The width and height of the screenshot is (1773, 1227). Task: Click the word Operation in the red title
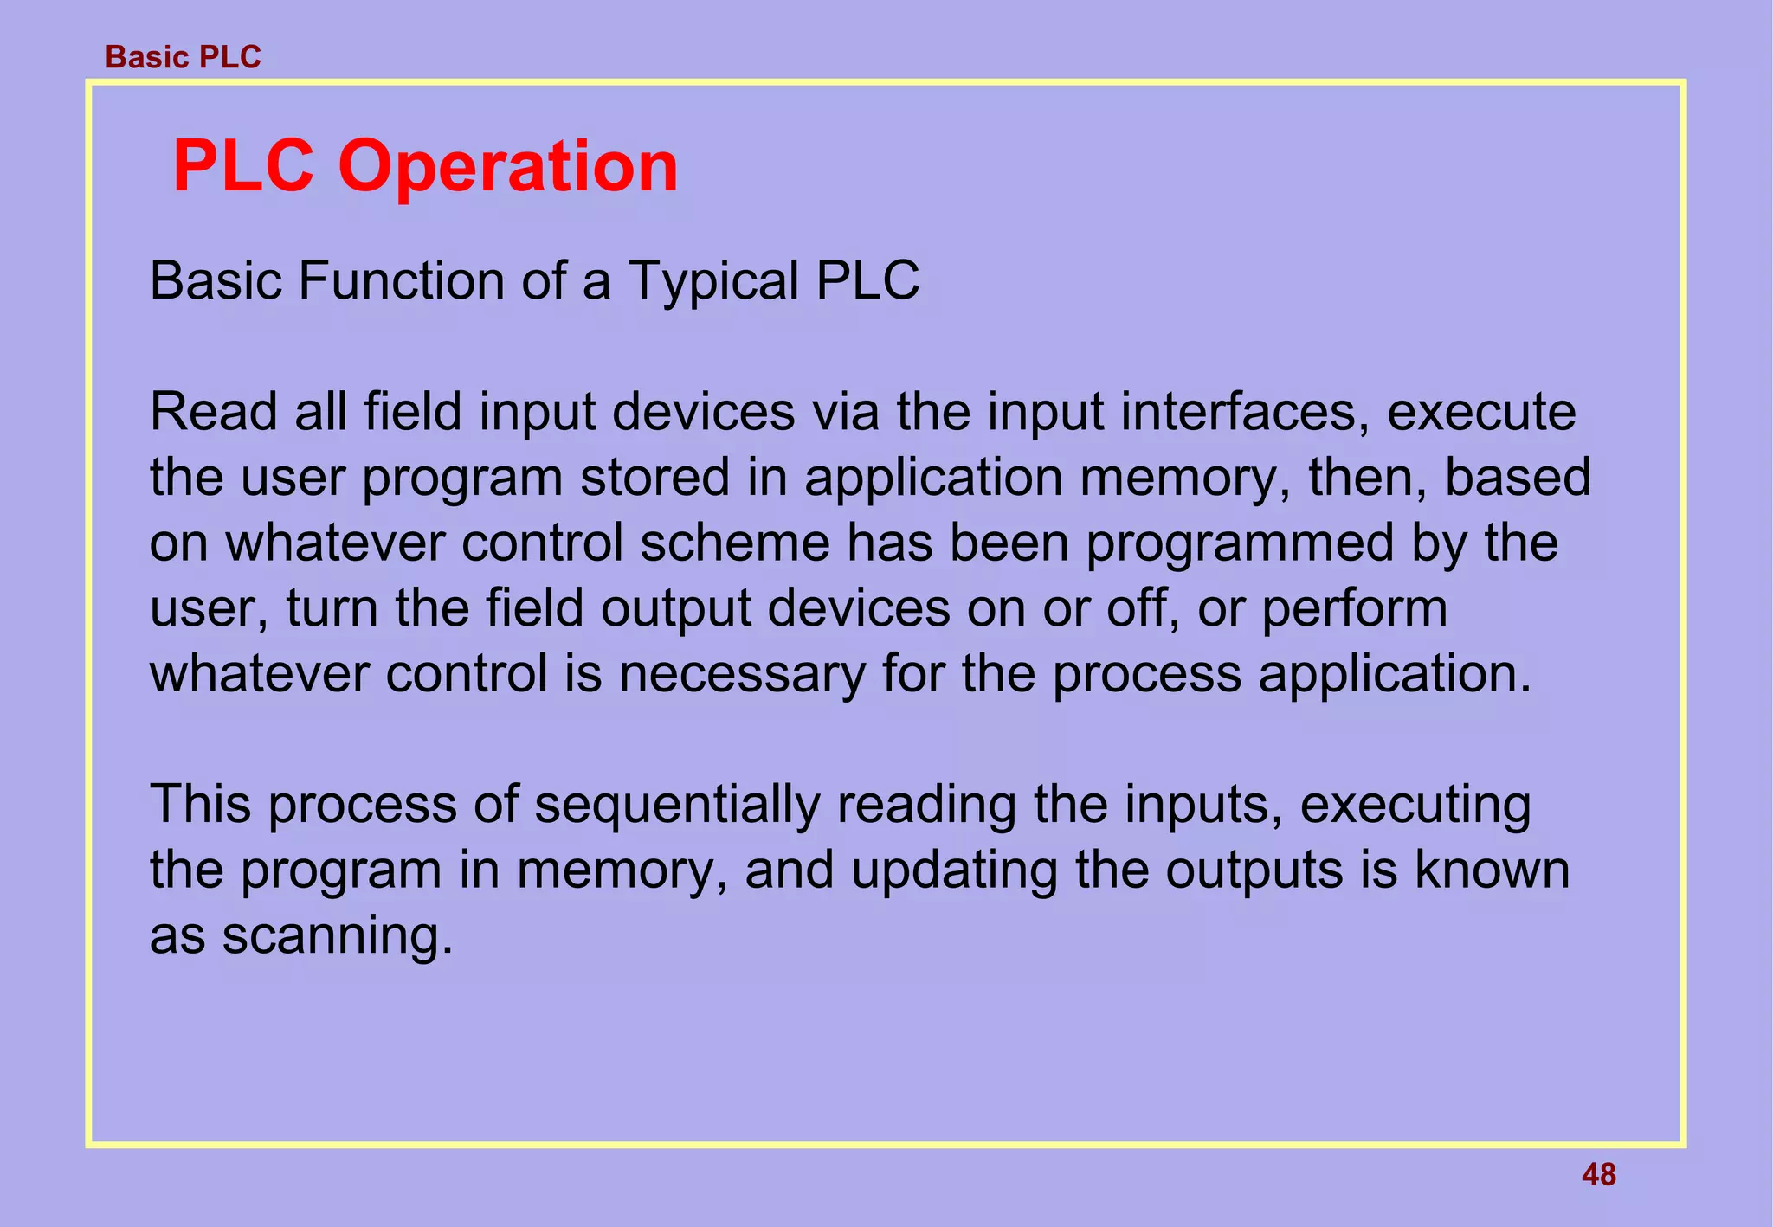[508, 166]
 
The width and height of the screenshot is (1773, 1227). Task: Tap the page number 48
[1598, 1175]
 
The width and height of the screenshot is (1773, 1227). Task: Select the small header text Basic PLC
[183, 57]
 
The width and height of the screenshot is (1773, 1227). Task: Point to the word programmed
[1240, 544]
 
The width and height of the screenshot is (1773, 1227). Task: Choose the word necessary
[741, 674]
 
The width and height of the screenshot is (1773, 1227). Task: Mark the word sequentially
[677, 805]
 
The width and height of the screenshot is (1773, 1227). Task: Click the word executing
[1415, 805]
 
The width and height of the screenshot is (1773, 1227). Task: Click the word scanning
[338, 936]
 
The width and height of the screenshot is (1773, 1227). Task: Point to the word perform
[1354, 608]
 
